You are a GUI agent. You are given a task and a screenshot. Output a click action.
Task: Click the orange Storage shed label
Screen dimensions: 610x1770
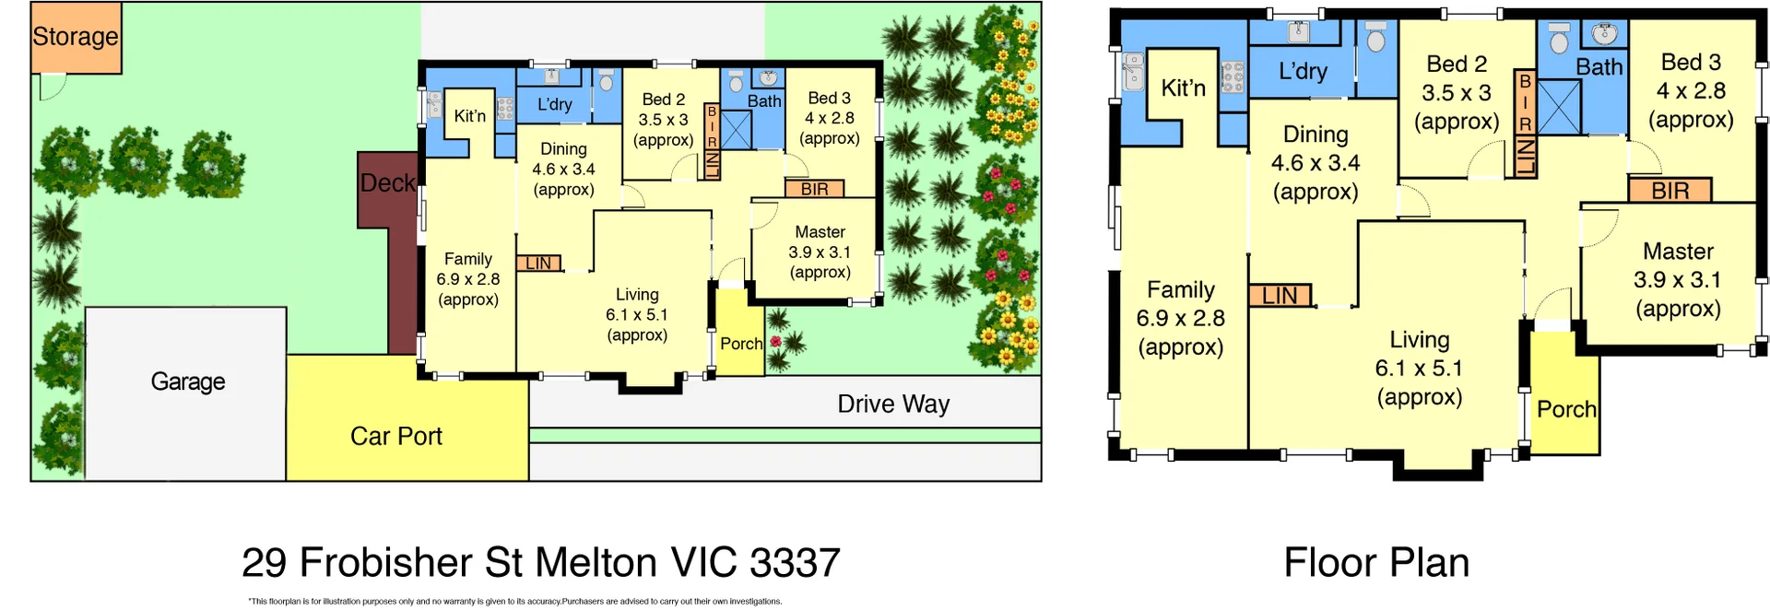tap(76, 37)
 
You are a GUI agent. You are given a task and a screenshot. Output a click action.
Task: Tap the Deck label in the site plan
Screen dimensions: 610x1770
tap(387, 183)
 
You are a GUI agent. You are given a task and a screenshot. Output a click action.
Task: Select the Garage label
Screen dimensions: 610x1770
tap(188, 381)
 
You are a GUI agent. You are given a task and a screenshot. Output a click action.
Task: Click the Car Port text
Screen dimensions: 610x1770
tap(396, 436)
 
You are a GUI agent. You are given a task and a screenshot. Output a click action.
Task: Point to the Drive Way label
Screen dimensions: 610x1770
tap(893, 405)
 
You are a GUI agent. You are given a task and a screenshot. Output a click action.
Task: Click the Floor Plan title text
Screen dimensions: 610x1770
tap(1376, 563)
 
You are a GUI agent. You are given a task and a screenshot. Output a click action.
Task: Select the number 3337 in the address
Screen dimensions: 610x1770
tap(795, 563)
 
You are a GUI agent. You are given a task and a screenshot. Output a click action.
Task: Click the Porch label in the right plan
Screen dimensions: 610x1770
tap(1565, 409)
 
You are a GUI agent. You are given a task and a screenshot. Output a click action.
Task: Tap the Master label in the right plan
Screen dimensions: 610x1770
tap(1678, 252)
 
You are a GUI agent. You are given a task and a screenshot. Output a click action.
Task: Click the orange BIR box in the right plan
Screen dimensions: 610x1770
tap(1670, 191)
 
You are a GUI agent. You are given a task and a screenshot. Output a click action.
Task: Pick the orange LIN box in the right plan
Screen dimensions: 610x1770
tap(1280, 296)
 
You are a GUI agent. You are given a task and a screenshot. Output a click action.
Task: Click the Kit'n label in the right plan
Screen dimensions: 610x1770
tap(1183, 88)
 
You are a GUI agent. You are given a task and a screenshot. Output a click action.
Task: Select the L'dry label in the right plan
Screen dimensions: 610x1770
tap(1303, 71)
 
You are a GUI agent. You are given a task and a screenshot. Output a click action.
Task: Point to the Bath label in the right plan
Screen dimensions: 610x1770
tap(1599, 67)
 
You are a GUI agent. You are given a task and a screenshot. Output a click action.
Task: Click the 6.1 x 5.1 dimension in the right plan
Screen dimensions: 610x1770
tap(1419, 369)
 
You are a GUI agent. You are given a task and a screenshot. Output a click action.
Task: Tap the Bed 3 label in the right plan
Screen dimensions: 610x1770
tap(1691, 63)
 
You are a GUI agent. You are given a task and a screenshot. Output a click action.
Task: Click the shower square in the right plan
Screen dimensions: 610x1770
tap(1559, 107)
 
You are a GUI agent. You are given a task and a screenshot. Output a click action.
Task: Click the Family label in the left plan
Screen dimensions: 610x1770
tap(468, 259)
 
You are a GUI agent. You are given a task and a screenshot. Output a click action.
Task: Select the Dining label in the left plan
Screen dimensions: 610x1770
tap(563, 149)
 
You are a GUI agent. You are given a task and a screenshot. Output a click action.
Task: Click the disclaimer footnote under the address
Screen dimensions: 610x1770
tap(514, 602)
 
